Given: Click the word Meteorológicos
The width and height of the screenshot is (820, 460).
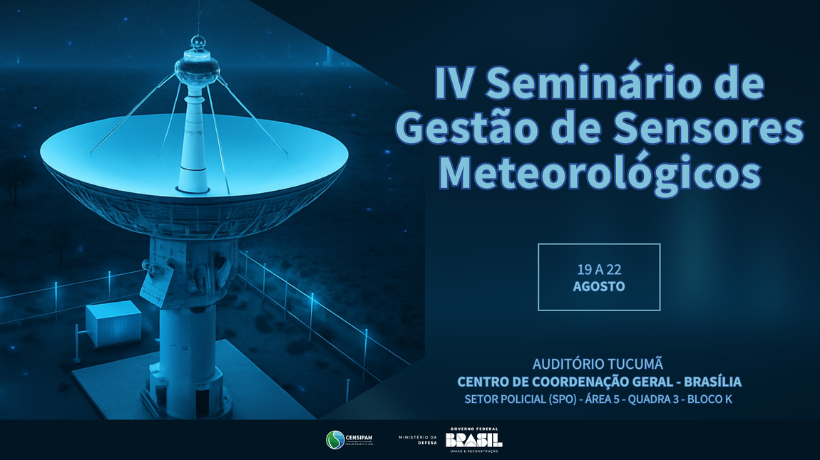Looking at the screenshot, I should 600,173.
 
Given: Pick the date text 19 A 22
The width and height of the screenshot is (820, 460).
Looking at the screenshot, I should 599,270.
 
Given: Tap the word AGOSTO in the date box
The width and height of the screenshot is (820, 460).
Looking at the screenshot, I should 599,286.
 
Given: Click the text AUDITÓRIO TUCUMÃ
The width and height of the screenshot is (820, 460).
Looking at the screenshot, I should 598,363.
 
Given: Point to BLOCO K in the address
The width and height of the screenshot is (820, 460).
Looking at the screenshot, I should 709,399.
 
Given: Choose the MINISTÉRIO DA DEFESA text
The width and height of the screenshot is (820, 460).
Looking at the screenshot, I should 418,440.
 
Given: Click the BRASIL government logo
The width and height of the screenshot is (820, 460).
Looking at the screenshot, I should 473,440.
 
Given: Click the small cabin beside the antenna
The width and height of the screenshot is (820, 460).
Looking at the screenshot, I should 114,323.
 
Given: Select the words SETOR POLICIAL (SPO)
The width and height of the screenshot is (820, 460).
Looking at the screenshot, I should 520,399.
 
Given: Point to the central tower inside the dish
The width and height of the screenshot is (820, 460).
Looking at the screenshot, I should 194,142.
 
